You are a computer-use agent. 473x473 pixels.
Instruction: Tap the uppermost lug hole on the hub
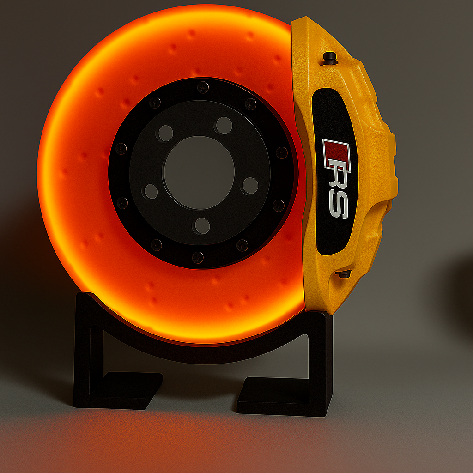click(224, 125)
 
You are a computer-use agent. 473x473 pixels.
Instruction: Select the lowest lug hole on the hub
click(202, 226)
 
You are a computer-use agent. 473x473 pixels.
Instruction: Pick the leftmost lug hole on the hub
click(151, 191)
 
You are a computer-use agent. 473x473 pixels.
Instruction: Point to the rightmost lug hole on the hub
click(250, 185)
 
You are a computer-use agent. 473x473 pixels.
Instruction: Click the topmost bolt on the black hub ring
click(203, 87)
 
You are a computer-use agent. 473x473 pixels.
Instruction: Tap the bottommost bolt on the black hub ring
click(198, 257)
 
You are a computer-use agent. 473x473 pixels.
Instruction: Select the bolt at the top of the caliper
click(330, 58)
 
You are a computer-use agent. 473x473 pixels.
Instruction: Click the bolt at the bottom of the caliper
click(344, 274)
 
